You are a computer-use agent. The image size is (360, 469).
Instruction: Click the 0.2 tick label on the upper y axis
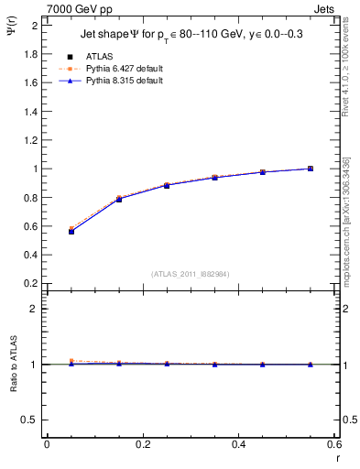click(x=31, y=283)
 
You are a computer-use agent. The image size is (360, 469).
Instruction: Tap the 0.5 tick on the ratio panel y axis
click(x=31, y=420)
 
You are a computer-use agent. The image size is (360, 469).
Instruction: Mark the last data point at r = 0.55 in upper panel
click(x=311, y=169)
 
